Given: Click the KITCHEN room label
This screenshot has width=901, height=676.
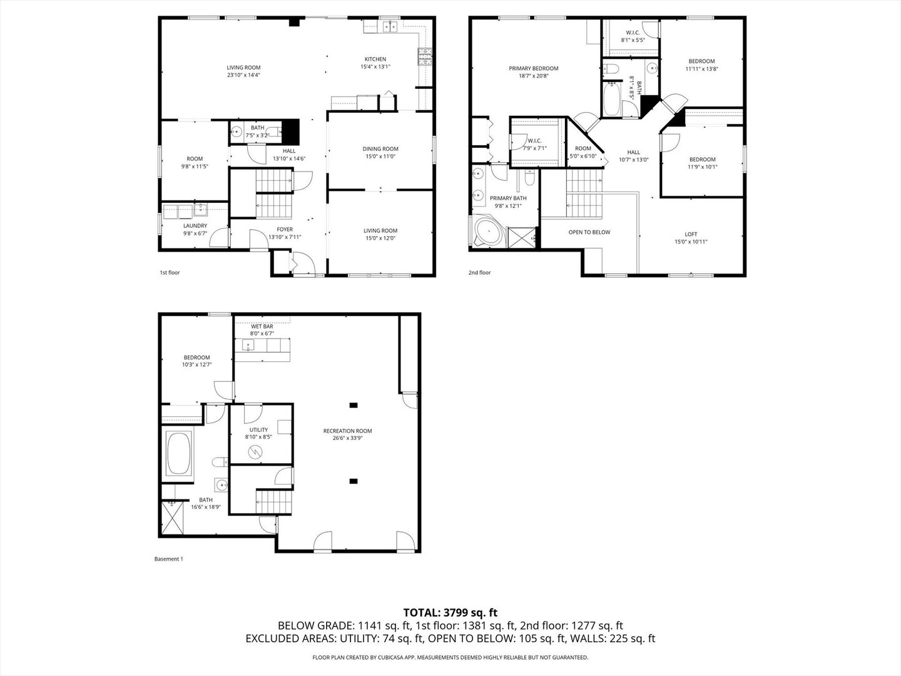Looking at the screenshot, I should (x=375, y=59).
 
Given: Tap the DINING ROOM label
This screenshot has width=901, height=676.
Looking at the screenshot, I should (x=380, y=149).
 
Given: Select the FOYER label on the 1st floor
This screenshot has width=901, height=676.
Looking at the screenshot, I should (x=285, y=230).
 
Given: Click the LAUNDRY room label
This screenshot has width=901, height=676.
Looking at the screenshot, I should (x=195, y=226).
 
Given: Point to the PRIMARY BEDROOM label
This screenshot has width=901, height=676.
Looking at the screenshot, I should (x=533, y=69).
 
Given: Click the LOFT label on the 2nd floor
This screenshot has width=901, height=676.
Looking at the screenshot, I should (x=691, y=234).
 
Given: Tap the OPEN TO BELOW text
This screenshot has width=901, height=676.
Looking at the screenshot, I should (x=589, y=232).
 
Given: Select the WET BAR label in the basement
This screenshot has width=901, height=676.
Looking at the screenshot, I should (x=262, y=327).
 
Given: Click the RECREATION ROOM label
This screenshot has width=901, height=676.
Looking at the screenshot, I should (x=347, y=431).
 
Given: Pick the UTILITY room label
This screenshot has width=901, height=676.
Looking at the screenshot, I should (x=258, y=430).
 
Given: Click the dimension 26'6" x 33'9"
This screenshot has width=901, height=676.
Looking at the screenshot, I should (x=347, y=438).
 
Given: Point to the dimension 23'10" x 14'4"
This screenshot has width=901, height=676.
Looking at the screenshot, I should (x=243, y=75).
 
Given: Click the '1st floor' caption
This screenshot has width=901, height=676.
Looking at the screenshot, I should (x=170, y=273).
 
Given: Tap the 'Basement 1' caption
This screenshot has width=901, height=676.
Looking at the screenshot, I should (x=168, y=559).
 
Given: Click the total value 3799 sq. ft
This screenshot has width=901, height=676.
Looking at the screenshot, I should (x=470, y=613).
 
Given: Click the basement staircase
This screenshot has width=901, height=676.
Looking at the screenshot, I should (x=274, y=500).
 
